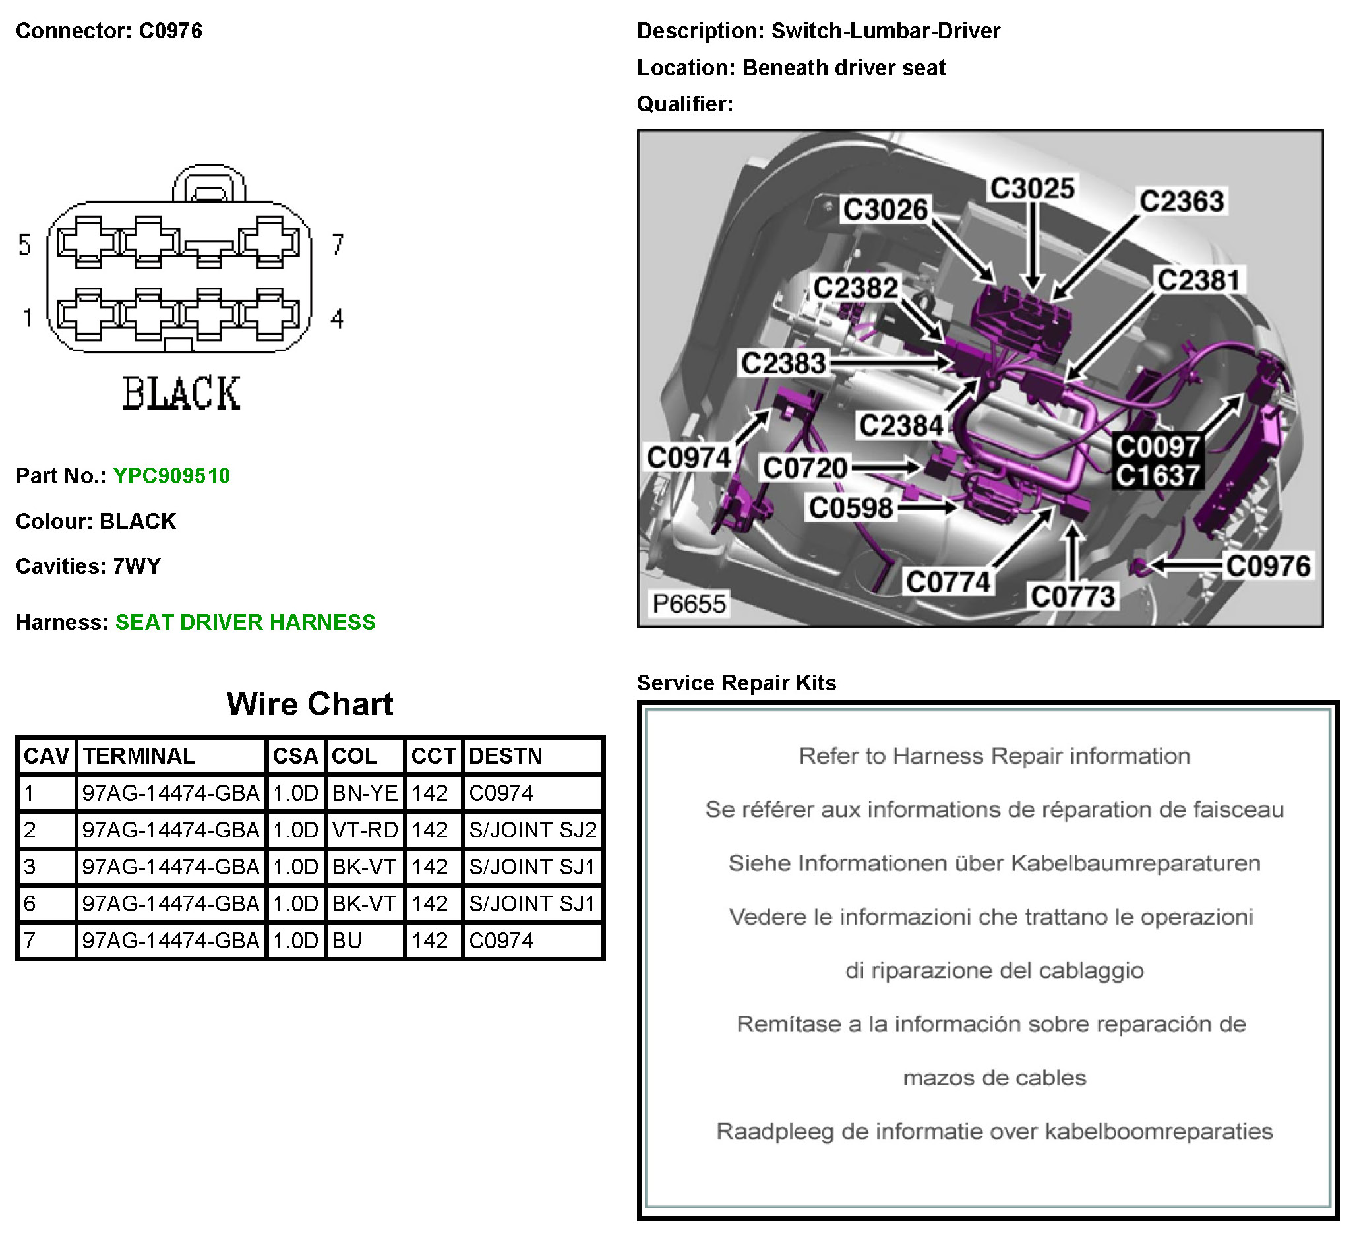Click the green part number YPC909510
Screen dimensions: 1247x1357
(171, 476)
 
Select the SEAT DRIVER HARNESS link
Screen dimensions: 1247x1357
(245, 622)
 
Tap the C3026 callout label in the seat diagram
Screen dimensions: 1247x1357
(886, 209)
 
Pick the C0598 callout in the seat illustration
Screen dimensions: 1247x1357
(850, 507)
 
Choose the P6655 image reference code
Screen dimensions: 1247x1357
(688, 603)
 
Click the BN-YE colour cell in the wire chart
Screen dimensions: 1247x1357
(365, 793)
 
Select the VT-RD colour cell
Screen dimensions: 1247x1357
(365, 830)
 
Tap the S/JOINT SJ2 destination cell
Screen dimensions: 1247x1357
(532, 830)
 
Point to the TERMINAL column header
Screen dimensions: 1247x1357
(139, 756)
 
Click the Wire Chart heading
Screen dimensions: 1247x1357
(310, 704)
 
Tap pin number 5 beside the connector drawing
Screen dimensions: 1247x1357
(25, 244)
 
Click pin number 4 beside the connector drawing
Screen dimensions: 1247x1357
(337, 319)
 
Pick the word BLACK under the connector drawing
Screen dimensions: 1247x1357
(181, 394)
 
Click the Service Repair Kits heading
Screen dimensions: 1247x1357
(736, 683)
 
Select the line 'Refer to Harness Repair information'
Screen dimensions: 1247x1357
(994, 756)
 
